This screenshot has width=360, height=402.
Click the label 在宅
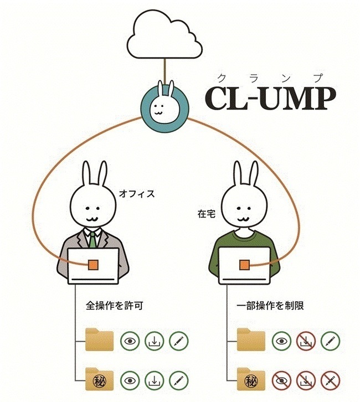205,213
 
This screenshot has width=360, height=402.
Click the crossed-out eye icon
281,380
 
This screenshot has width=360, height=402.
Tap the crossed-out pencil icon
330,380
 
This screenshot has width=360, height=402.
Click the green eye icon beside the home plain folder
281,340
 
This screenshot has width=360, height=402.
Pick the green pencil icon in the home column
330,340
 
